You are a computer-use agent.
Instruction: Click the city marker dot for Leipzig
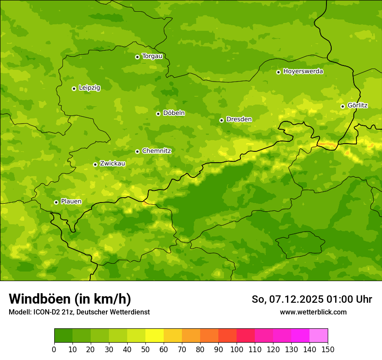coord(74,88)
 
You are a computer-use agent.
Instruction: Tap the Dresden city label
coord(239,119)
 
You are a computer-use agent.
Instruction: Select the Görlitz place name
coord(358,105)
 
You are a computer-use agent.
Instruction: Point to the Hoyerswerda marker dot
coord(278,72)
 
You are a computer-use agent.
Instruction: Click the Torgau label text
coord(152,56)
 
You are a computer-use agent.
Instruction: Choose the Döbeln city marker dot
coord(158,114)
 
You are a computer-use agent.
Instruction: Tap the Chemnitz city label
coord(156,151)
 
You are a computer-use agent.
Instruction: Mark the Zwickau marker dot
coord(95,164)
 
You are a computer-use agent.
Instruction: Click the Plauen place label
coord(71,202)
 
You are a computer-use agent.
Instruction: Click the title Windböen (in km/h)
coord(69,299)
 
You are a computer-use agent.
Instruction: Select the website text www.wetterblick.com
coord(313,312)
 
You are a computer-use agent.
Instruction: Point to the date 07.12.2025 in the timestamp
coord(296,299)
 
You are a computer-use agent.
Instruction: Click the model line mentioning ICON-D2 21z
coord(79,312)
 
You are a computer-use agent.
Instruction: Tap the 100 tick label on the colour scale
coord(237,349)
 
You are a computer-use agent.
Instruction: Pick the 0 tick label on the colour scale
coord(54,349)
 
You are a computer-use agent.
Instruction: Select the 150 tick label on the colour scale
coord(328,349)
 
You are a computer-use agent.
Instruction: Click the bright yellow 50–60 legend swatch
coord(155,336)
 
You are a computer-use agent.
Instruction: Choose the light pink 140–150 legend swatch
coord(319,336)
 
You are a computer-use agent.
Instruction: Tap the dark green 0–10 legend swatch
coord(63,336)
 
